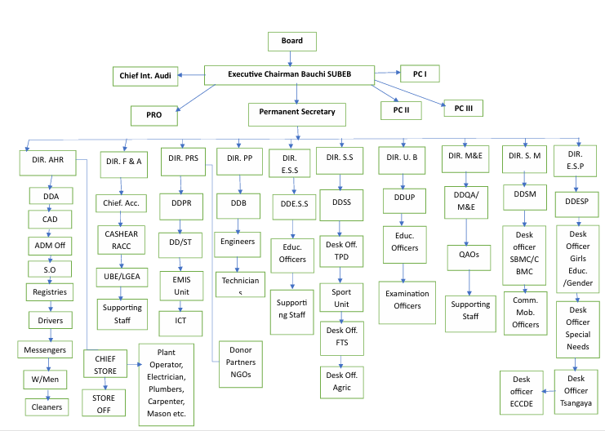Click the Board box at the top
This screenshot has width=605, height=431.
point(291,42)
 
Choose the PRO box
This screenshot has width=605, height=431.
point(155,116)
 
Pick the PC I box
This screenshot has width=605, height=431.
point(419,74)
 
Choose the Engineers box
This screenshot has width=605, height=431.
point(237,242)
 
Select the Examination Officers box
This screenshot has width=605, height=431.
point(404,299)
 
